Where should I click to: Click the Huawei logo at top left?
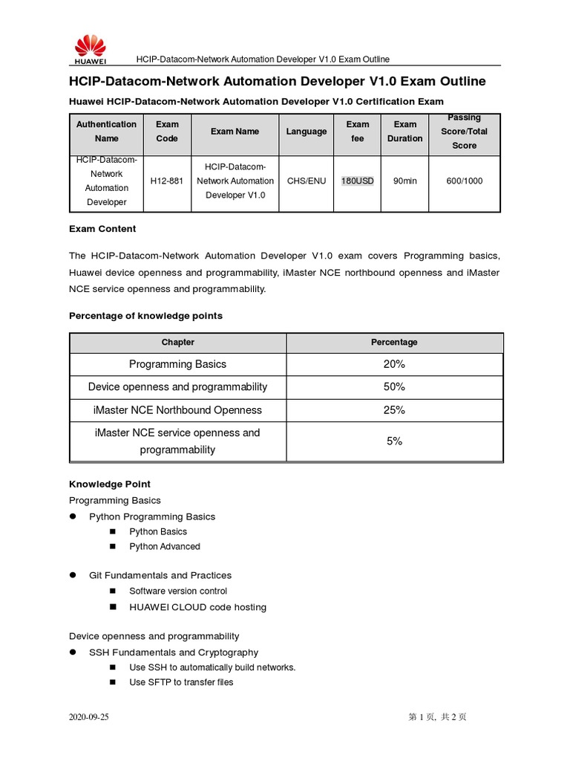click(x=90, y=50)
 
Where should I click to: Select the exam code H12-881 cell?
click(x=166, y=181)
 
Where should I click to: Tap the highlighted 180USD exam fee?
click(x=357, y=181)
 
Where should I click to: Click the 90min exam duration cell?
click(x=404, y=181)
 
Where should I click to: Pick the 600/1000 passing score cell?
click(x=464, y=181)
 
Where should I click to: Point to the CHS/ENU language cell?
click(x=306, y=181)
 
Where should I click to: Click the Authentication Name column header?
click(x=106, y=132)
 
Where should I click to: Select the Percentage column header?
click(x=394, y=343)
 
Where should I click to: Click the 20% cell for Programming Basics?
click(x=394, y=364)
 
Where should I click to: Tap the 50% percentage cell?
click(x=394, y=387)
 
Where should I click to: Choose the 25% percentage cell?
click(x=394, y=410)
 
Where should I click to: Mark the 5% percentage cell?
click(x=394, y=441)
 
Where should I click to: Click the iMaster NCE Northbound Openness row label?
click(x=177, y=410)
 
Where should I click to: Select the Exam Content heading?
click(x=102, y=229)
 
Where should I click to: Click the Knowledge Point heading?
click(x=110, y=484)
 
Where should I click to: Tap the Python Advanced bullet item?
click(x=164, y=546)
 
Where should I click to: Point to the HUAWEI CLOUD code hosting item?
click(x=197, y=607)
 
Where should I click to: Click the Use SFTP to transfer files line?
click(x=181, y=682)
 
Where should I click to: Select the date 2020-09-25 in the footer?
click(x=89, y=717)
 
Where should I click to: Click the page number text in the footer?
click(x=437, y=717)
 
